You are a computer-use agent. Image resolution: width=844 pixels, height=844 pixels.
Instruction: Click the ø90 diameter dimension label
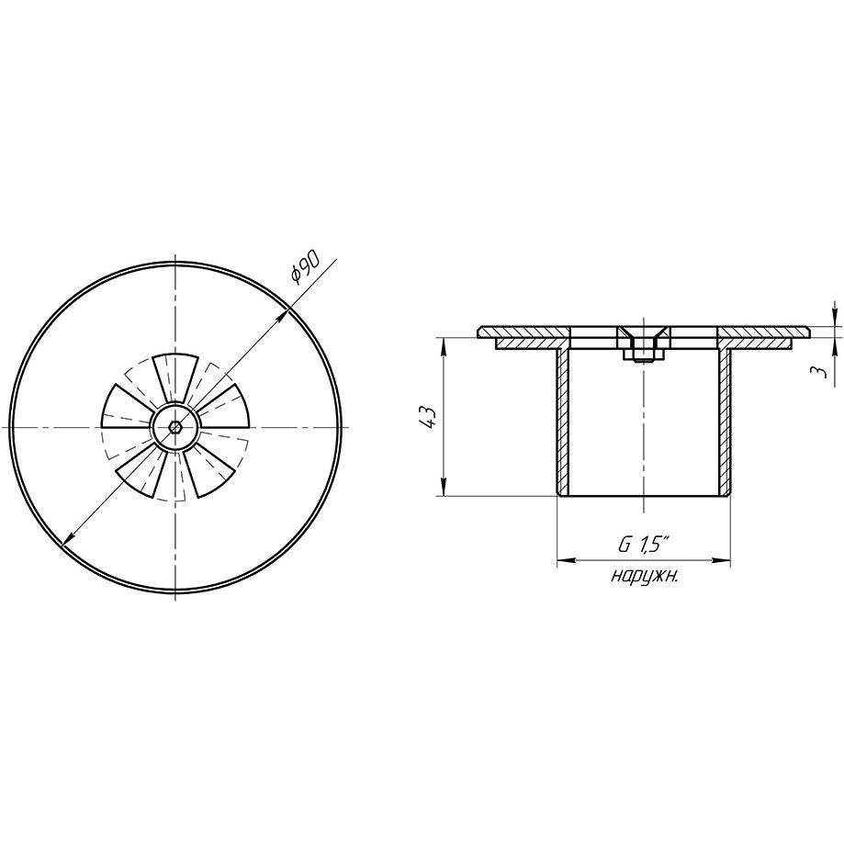tap(306, 266)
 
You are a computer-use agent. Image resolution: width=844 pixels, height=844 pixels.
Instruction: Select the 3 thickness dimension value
tap(819, 371)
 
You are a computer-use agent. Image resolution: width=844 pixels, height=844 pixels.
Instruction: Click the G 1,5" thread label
tap(643, 546)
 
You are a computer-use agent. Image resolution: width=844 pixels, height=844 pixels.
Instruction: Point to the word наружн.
tap(644, 577)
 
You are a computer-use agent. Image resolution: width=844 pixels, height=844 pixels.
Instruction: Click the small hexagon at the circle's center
tap(174, 427)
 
